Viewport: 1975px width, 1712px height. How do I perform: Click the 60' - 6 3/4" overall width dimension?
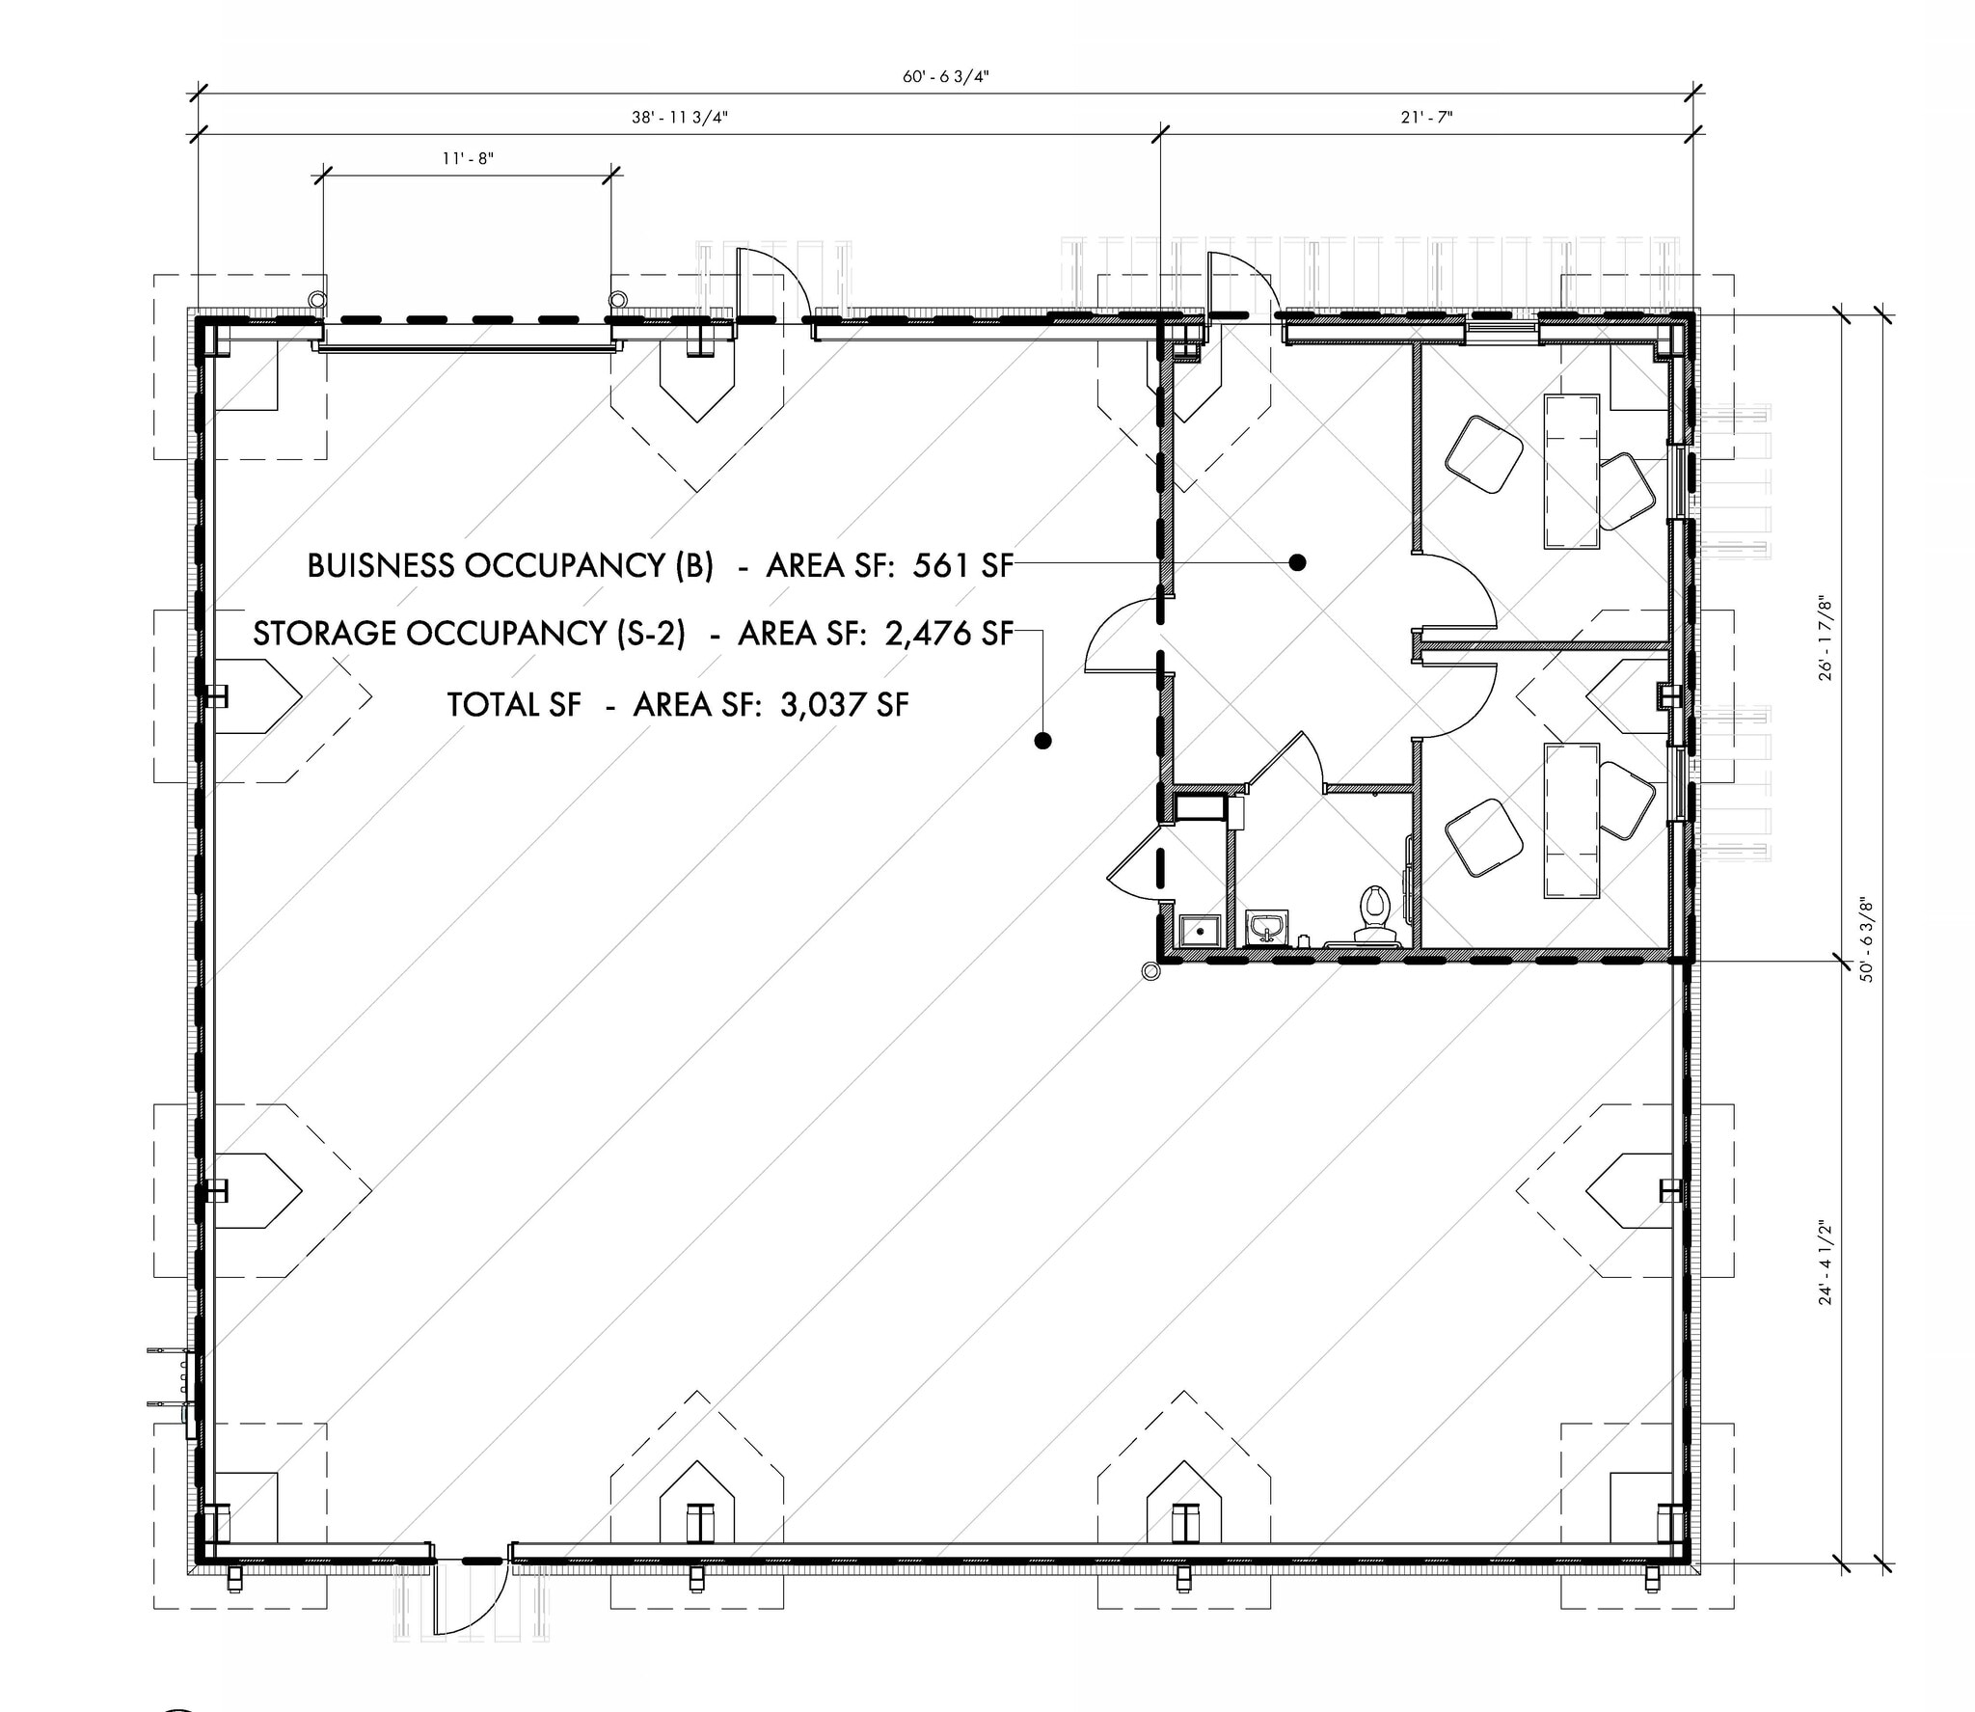946,78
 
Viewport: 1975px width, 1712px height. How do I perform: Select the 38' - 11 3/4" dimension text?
679,118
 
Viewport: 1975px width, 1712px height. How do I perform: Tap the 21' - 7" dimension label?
1426,118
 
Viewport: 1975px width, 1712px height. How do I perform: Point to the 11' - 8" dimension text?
468,158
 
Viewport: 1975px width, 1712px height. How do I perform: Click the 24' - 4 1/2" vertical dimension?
1824,1263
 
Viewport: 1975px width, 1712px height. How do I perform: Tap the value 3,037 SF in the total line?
844,705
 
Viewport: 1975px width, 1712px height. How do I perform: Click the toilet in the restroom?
1373,912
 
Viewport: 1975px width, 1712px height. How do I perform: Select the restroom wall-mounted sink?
1265,927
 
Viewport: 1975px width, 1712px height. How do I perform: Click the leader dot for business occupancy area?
1298,562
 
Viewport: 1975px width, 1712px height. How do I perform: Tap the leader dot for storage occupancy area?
1042,741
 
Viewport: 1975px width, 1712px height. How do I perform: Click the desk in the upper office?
1572,471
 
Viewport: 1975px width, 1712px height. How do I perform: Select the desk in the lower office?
1572,820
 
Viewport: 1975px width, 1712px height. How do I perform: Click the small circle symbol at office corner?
1149,972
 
